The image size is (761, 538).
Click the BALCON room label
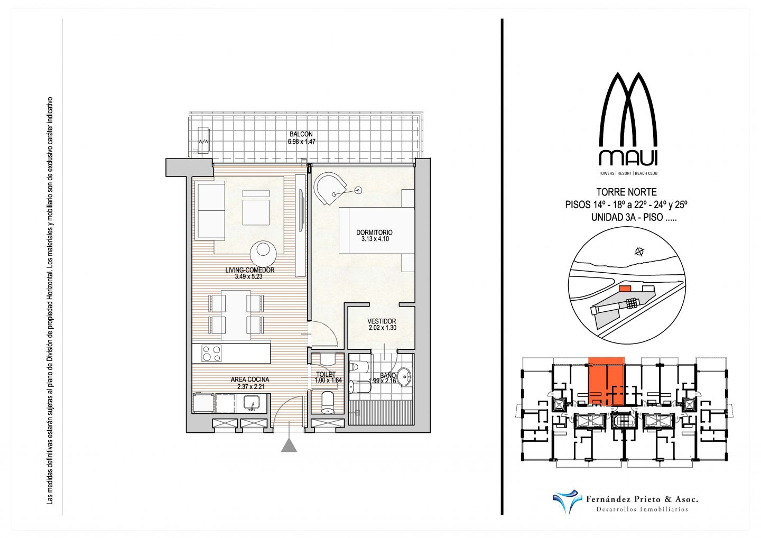tap(301, 134)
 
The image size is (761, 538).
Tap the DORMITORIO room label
tap(374, 232)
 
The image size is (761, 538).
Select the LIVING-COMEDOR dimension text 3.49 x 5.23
tap(248, 276)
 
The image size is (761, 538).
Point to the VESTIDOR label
tap(382, 321)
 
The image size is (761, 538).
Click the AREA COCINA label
tap(249, 379)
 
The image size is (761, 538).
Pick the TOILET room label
tap(326, 374)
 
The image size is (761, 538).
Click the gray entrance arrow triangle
tap(289, 446)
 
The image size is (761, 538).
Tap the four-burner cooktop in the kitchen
tap(211, 353)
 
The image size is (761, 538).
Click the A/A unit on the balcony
tap(203, 141)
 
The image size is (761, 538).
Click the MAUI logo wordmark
tap(628, 157)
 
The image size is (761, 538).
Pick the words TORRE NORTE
tap(626, 192)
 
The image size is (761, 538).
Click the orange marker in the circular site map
tap(625, 288)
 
